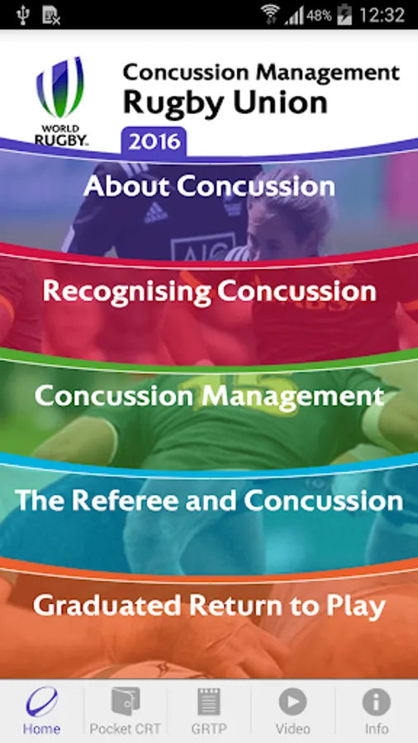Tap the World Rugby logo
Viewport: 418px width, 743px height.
tap(60, 101)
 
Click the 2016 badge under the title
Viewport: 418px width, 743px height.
tap(154, 141)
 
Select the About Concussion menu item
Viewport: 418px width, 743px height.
tap(210, 186)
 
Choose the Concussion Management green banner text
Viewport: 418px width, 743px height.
tap(209, 396)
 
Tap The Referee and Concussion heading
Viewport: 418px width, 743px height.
tap(209, 500)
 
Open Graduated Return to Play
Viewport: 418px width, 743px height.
tap(209, 606)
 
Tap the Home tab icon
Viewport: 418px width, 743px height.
tap(41, 701)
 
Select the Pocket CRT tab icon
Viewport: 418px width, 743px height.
tap(126, 701)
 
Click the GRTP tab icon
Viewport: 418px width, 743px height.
tap(209, 701)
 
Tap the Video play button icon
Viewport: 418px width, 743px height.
tap(293, 702)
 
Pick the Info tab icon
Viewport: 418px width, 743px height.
tap(377, 702)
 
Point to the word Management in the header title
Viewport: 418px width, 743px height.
tap(328, 73)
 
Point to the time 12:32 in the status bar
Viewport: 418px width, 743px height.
tap(382, 15)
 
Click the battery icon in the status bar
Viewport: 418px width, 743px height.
tap(344, 15)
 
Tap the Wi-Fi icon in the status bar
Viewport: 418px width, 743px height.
tap(271, 14)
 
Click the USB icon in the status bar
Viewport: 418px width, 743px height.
tap(22, 15)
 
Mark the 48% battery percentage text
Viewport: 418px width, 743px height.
tap(319, 16)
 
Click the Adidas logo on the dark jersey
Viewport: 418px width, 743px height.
tap(156, 213)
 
